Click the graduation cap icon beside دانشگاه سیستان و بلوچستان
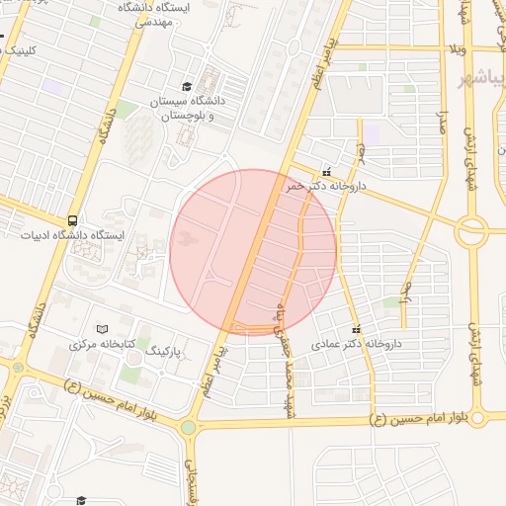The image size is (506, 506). pyautogui.click(x=187, y=86)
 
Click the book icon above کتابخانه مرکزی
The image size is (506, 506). pyautogui.click(x=101, y=328)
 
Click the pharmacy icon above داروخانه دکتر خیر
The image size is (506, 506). pyautogui.click(x=327, y=170)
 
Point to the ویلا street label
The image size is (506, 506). pyautogui.click(x=457, y=46)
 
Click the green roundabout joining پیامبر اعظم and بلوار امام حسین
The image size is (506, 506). pyautogui.click(x=188, y=428)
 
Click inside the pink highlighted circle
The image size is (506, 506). pyautogui.click(x=253, y=252)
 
